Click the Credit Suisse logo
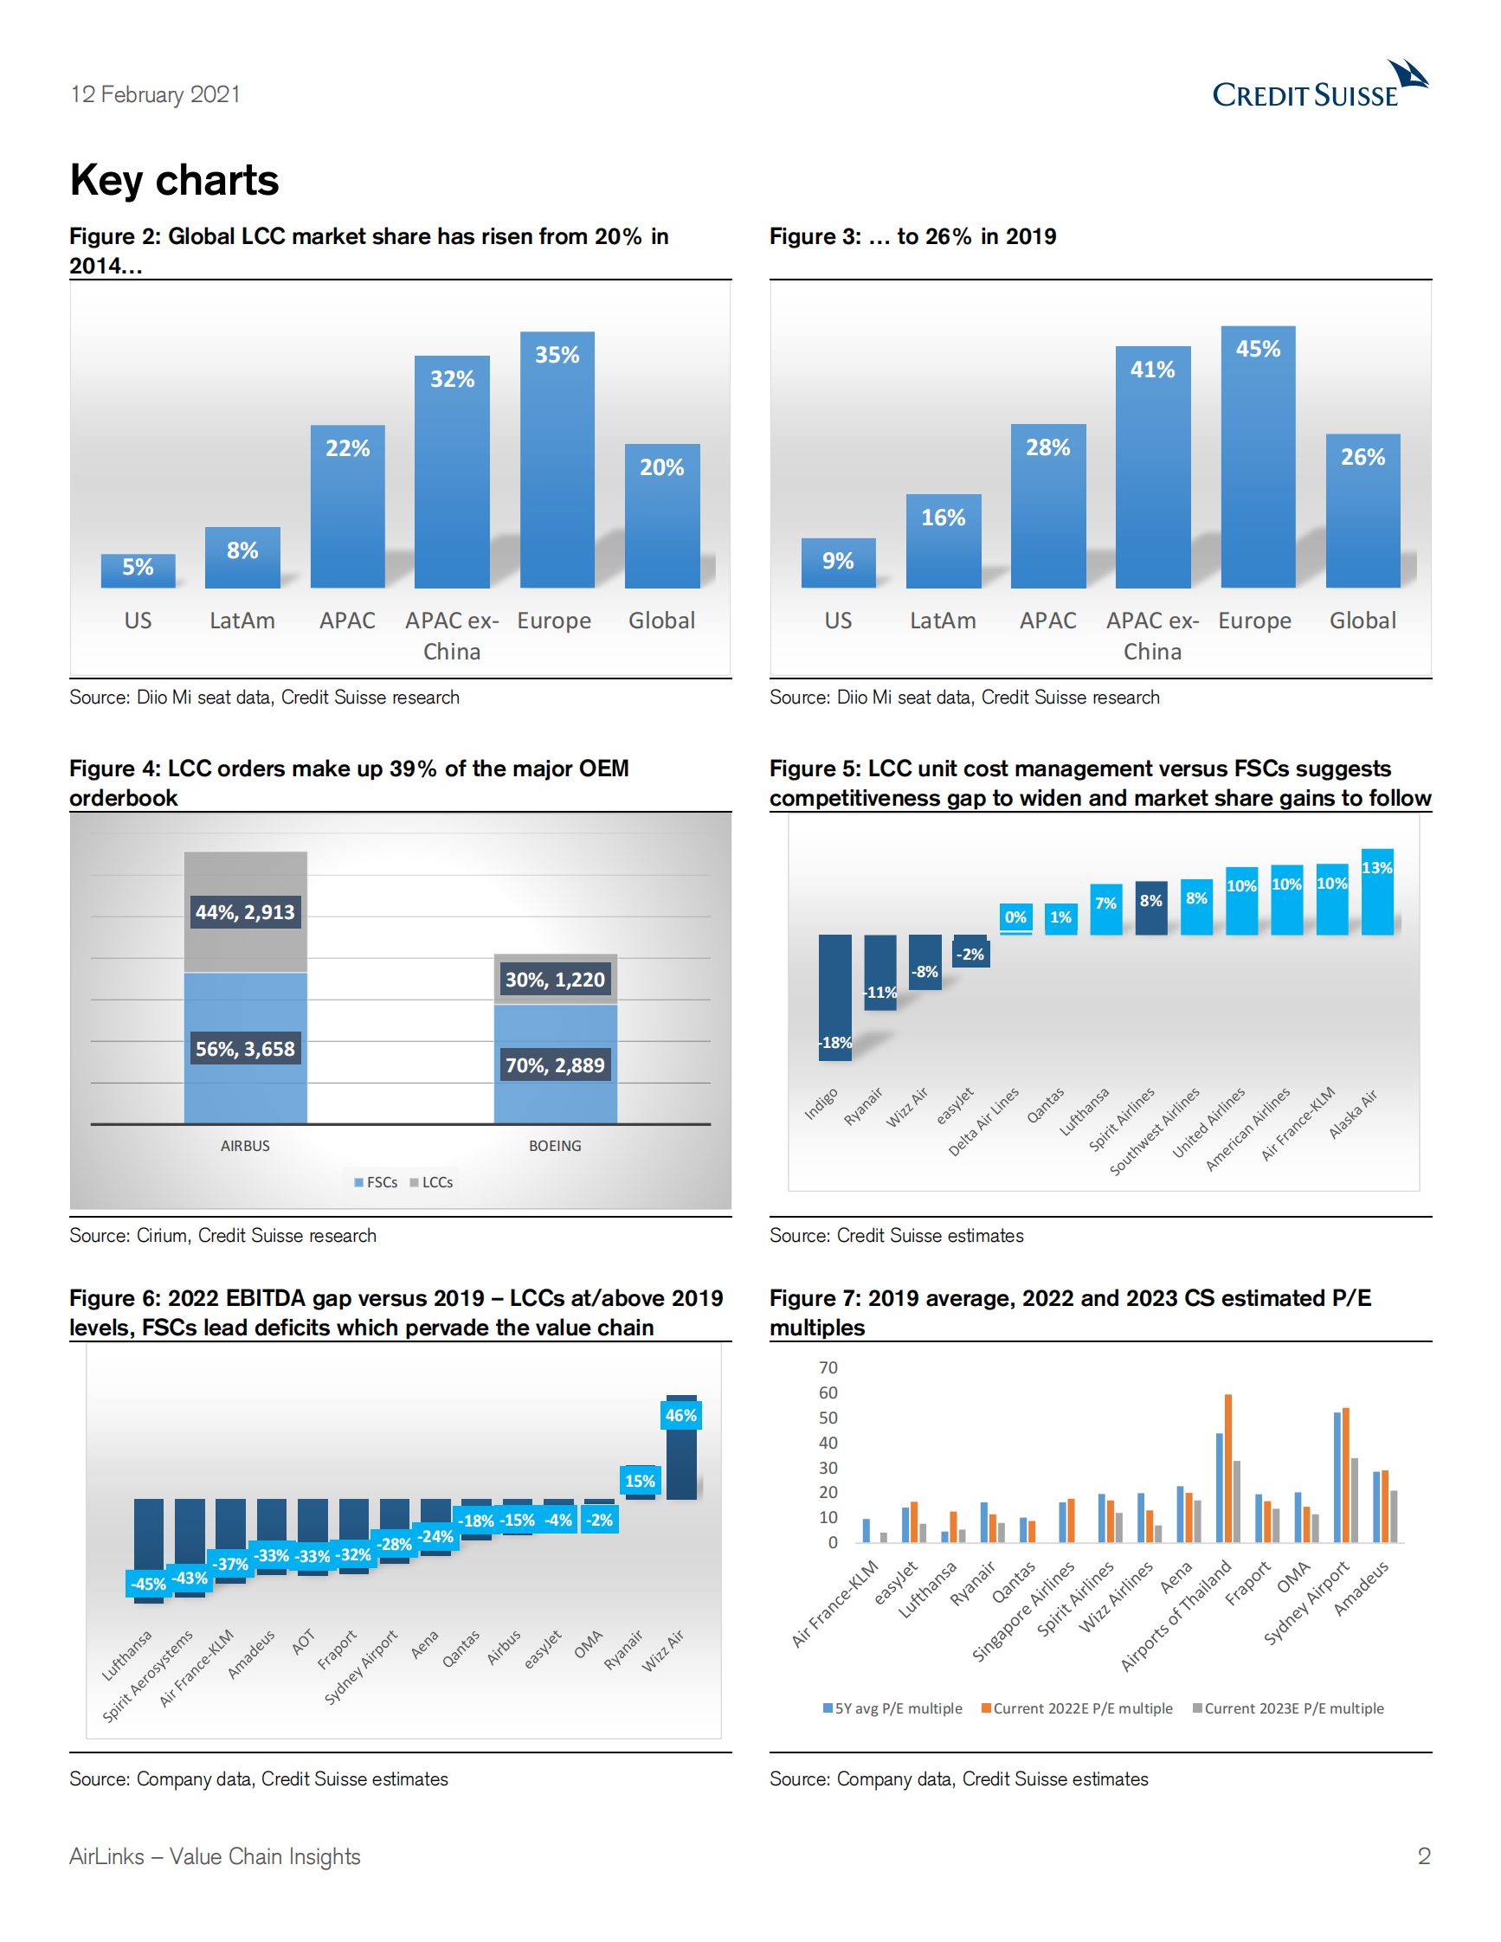1318,86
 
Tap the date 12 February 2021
156,94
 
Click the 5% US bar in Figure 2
138,570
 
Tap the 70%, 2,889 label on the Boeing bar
555,1065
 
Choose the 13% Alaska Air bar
1376,892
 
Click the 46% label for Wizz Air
681,1416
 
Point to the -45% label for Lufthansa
148,1584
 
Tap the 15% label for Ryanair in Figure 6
640,1482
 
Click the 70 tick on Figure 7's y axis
828,1367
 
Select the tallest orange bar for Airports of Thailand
1228,1467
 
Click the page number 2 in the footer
1424,1855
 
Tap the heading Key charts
174,181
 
